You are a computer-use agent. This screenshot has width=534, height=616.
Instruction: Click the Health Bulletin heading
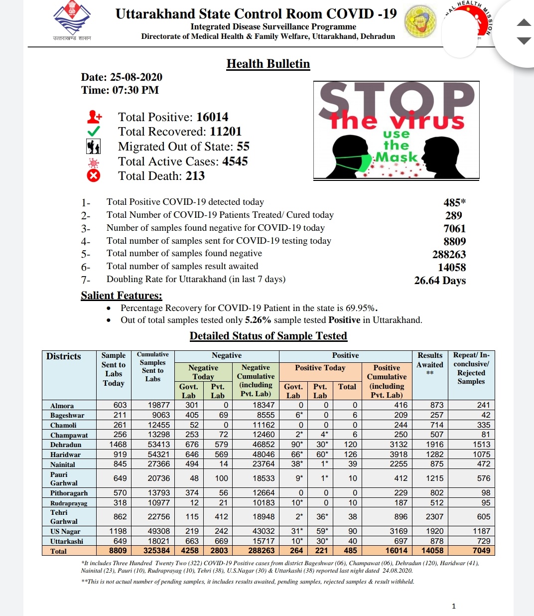pos(268,64)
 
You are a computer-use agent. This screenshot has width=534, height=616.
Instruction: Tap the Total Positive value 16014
pos(212,117)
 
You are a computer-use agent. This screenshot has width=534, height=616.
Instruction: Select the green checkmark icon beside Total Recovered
pos(94,131)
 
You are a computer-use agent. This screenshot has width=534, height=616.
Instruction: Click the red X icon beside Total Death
pos(94,175)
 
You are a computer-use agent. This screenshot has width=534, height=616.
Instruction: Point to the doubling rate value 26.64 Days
pos(440,281)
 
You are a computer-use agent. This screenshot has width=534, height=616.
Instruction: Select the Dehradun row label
pos(66,445)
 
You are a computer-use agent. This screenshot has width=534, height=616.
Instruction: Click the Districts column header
pos(63,356)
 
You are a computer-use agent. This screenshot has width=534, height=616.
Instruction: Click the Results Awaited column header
pos(430,364)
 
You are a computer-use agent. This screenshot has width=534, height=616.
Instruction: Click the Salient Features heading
pos(122,296)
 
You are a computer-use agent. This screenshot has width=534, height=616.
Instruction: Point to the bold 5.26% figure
pos(258,320)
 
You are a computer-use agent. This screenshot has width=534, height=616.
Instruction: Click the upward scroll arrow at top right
pos(524,22)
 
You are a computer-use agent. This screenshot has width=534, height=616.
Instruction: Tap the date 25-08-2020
pos(136,77)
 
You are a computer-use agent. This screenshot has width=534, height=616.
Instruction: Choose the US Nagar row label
pos(65,531)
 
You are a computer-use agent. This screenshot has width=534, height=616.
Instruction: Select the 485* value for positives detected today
pos(454,202)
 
